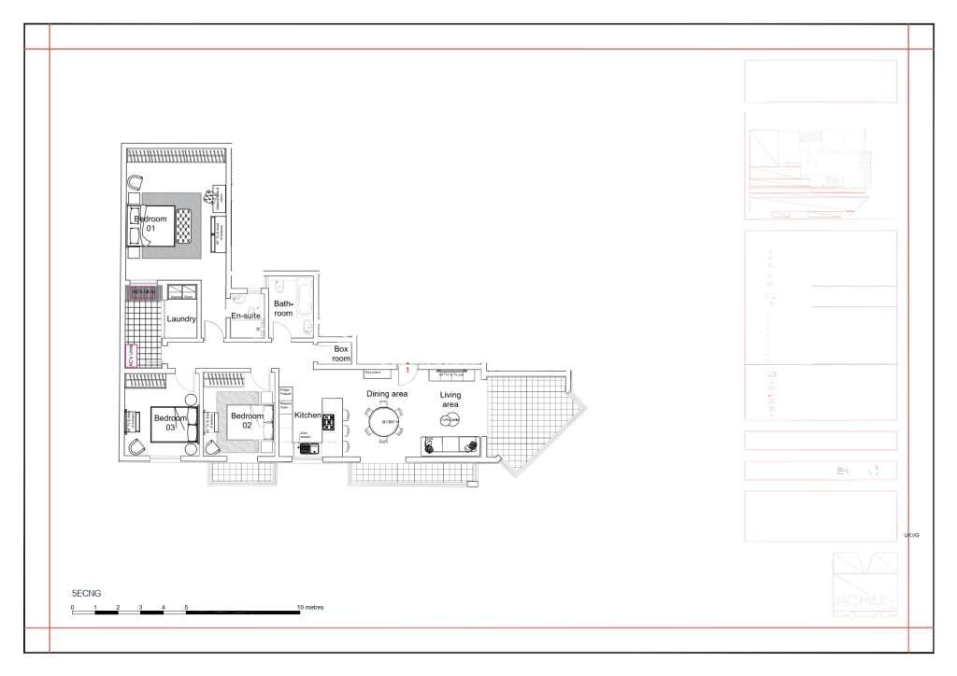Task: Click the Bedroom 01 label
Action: (x=150, y=223)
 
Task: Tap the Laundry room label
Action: (x=180, y=319)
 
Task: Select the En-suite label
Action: (x=245, y=317)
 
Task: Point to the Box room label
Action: (x=342, y=353)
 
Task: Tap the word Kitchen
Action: (x=307, y=415)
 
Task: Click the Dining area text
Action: (x=386, y=394)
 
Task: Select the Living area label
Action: (x=451, y=401)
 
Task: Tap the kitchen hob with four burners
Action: (x=329, y=422)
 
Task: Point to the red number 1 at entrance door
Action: (x=407, y=371)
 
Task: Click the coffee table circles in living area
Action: (x=449, y=421)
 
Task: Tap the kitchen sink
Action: (x=307, y=447)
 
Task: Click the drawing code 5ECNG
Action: (x=86, y=593)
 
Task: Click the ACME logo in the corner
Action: (x=864, y=585)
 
